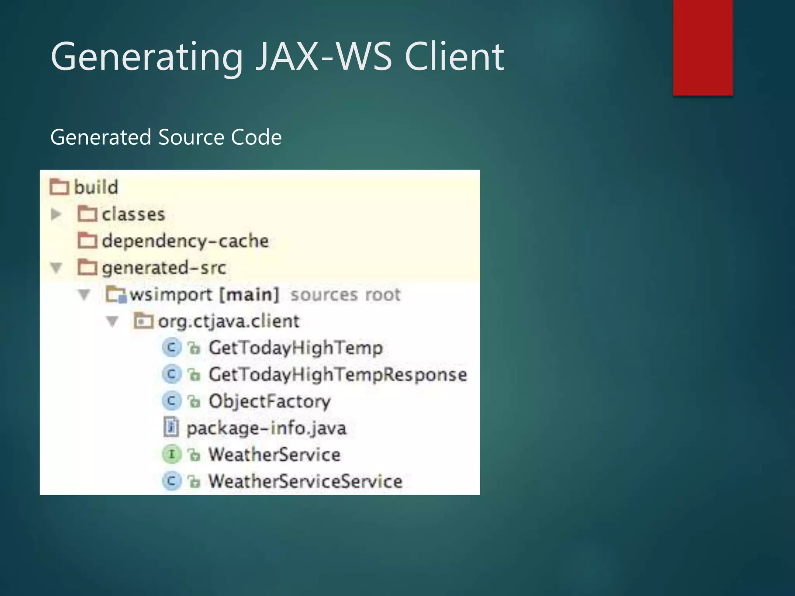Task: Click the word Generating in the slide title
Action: [x=147, y=57]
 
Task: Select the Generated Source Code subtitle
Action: [x=166, y=137]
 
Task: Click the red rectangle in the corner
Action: [x=703, y=47]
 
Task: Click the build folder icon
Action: [x=59, y=187]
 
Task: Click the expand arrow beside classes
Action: [x=56, y=214]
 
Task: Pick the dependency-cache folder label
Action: [x=185, y=241]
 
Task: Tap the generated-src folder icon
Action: [x=87, y=267]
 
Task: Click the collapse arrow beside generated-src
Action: [x=56, y=268]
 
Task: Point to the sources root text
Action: [x=345, y=295]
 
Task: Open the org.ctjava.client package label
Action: [x=229, y=321]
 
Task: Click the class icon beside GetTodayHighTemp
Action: [x=171, y=348]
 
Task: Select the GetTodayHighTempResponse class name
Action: [x=338, y=374]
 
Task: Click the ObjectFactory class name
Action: [x=269, y=401]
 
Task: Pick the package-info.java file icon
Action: [x=171, y=428]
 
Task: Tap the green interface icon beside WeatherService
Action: [x=171, y=454]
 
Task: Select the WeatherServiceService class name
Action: [x=306, y=482]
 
